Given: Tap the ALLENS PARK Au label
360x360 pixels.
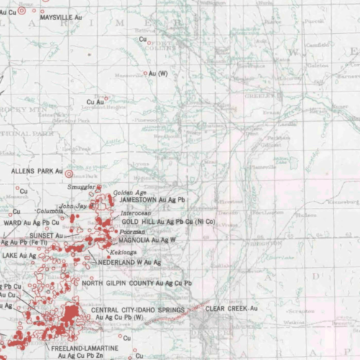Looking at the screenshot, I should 37,172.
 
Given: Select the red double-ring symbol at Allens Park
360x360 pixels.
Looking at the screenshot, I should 69,173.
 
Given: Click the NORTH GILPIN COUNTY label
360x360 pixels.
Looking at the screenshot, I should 137,283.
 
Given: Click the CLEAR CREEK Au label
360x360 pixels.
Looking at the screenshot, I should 231,308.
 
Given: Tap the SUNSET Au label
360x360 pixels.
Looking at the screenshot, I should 46,235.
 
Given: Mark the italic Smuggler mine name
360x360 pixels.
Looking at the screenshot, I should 81,186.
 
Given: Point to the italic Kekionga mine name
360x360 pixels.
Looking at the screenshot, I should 122,253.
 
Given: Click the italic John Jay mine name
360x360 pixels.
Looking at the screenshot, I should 73,206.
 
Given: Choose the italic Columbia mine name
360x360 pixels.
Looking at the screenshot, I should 50,211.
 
